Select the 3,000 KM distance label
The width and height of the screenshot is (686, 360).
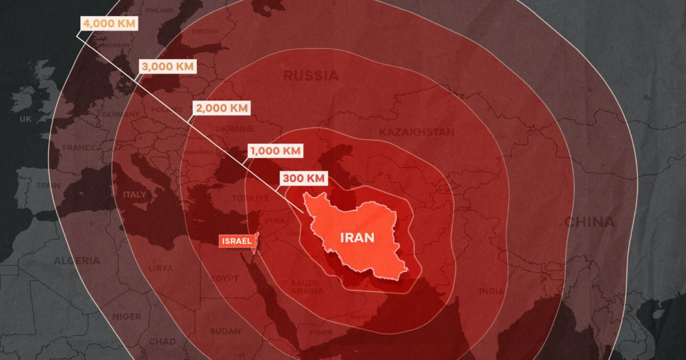168,66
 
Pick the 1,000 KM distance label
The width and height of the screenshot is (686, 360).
275,151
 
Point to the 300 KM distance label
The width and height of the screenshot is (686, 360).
303,178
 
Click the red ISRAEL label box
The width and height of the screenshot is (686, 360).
236,241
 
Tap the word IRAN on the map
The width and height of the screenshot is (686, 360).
357,238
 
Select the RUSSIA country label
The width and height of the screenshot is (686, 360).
311,75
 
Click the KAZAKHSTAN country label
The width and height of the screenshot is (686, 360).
417,132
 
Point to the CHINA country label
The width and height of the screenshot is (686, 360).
589,222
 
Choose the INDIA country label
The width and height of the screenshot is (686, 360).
492,292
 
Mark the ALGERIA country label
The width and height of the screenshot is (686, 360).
77,261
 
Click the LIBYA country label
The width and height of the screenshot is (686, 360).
160,267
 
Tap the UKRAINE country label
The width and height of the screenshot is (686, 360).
236,129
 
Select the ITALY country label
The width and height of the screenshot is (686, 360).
134,194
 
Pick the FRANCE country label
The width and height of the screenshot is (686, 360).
79,147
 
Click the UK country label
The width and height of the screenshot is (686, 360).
26,119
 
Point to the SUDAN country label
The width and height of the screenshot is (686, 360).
225,331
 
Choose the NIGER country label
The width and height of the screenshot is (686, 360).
127,316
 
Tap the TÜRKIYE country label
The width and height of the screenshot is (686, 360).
250,198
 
